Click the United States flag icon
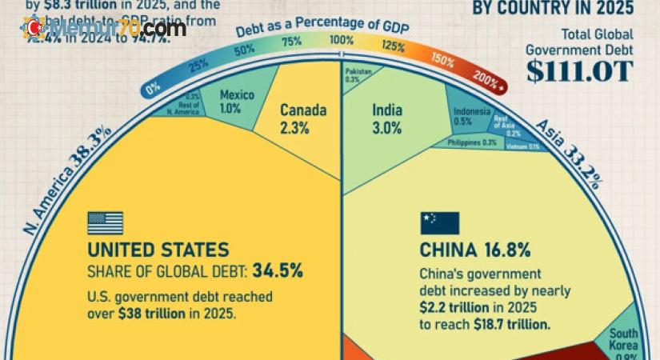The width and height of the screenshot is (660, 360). tap(105, 222)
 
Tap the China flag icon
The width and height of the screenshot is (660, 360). tap(439, 223)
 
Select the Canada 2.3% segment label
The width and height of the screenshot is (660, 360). tap(303, 118)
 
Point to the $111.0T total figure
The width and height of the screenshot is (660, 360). tap(580, 70)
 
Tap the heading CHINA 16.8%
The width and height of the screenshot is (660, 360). tap(474, 250)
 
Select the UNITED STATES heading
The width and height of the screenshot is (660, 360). tap(158, 249)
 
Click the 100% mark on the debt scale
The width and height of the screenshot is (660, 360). tap(342, 41)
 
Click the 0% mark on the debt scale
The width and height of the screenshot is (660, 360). tap(154, 89)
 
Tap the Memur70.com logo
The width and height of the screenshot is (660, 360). tap(105, 29)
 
